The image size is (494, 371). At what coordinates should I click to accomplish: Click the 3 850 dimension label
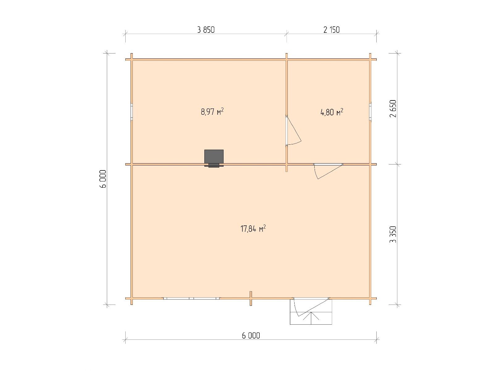click(206, 30)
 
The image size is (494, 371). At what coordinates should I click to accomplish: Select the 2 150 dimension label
click(331, 30)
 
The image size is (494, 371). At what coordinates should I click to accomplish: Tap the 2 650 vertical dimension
click(393, 109)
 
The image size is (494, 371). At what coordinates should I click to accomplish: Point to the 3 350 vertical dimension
click(393, 234)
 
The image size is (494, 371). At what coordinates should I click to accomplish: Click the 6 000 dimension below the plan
click(251, 336)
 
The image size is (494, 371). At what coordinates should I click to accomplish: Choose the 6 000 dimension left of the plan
click(103, 179)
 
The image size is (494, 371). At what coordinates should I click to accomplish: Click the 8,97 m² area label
click(212, 112)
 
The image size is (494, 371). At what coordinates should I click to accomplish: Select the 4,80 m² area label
click(332, 112)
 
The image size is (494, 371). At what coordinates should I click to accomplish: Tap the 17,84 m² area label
click(253, 228)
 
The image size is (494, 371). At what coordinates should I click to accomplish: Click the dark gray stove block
click(214, 157)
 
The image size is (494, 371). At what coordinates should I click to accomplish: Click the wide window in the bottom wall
click(191, 298)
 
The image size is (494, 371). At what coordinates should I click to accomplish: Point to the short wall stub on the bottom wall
click(251, 298)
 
